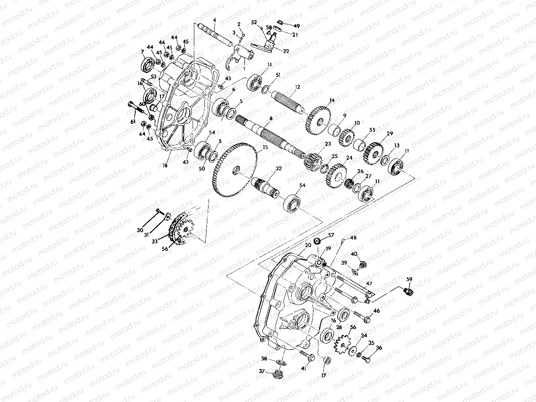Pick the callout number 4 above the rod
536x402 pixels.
click(x=214, y=20)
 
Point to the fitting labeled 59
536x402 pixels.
click(x=409, y=291)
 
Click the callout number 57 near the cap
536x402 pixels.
click(x=331, y=235)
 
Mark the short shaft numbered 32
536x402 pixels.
click(x=265, y=188)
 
